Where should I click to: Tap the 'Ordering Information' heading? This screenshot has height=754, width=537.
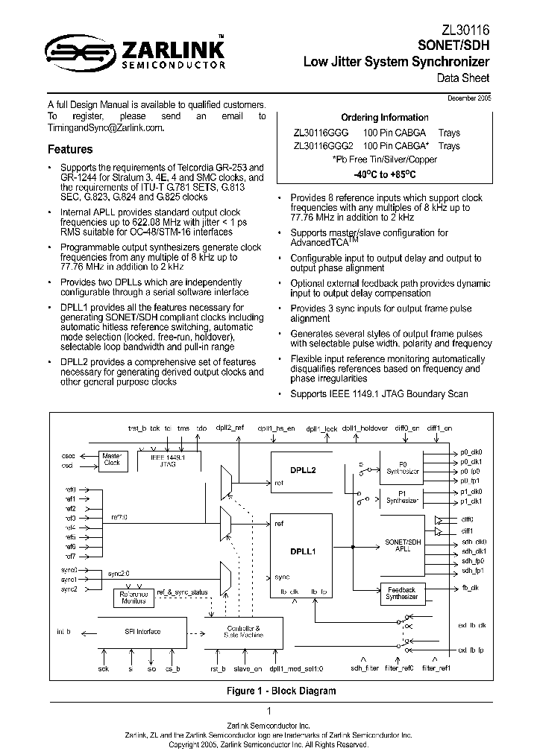pos(384,118)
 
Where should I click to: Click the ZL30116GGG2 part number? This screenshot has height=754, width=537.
pos(324,146)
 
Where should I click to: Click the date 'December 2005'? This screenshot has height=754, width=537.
pos(469,98)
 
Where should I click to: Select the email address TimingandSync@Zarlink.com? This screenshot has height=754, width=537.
pos(104,128)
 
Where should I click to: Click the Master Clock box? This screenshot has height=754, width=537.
pos(112,458)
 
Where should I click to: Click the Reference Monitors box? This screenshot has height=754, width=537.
pos(133,598)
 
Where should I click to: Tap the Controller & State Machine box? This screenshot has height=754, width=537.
pos(243,632)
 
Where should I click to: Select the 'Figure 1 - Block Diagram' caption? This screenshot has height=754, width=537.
pos(281,691)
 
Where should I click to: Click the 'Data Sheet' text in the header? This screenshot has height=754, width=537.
pos(463,77)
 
